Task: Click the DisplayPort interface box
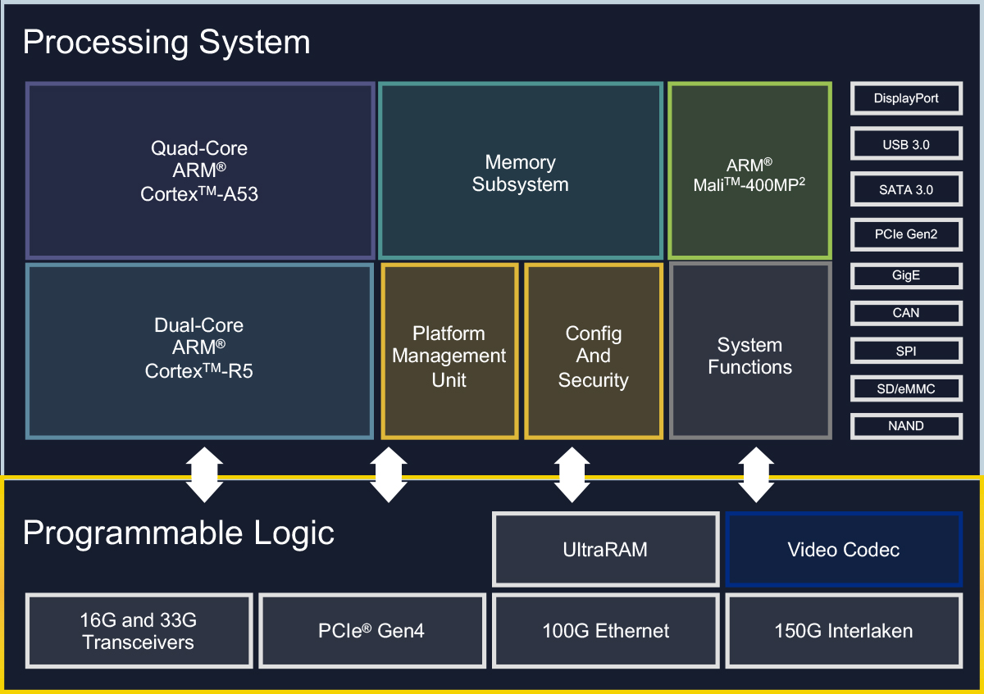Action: [906, 98]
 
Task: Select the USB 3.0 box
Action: [906, 144]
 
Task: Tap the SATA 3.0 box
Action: [906, 189]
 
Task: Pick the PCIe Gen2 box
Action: [906, 234]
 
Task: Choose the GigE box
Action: [906, 275]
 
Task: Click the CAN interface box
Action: [906, 313]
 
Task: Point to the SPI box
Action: [906, 351]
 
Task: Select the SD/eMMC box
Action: [906, 388]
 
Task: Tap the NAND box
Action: [906, 426]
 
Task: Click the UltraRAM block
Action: [606, 550]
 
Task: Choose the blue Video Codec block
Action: [844, 550]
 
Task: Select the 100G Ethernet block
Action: [606, 631]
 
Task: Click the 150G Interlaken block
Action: [844, 631]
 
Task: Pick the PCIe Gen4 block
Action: [372, 631]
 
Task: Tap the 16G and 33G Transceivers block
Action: [139, 631]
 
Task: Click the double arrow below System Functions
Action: [756, 475]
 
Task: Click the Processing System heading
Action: [166, 43]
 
